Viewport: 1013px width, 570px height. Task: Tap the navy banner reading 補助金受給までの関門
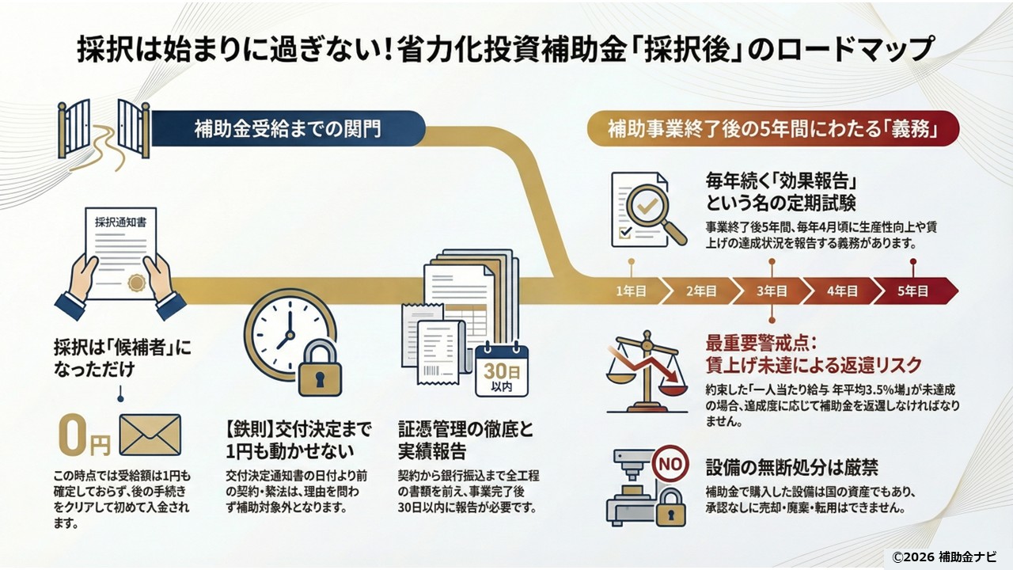[x=286, y=129]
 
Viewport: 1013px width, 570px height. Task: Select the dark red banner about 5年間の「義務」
[x=772, y=129]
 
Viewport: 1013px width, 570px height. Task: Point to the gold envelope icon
[x=150, y=435]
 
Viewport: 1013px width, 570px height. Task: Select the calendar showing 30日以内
[x=501, y=369]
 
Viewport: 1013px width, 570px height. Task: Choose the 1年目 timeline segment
[x=630, y=291]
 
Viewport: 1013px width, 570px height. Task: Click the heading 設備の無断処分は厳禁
[x=791, y=465]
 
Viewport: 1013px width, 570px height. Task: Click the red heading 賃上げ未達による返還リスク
[x=814, y=365]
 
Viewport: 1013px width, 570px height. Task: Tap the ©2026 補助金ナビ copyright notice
[x=944, y=556]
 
